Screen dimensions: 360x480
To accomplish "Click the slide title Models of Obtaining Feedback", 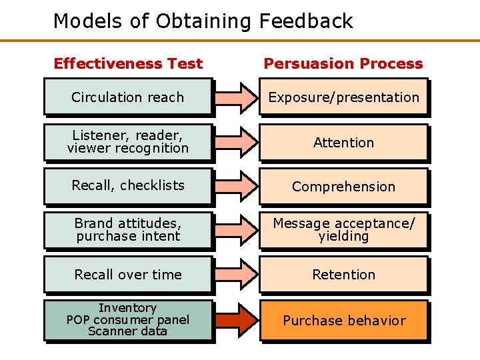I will point(203,21).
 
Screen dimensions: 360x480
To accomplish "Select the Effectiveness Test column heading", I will point(128,64).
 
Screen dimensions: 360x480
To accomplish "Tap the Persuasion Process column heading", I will point(343,64).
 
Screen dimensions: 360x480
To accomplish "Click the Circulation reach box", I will point(128,97).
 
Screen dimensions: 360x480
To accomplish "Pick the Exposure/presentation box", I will point(343,97).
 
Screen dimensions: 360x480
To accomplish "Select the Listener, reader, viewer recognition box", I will point(128,142).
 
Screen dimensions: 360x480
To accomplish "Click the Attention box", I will point(343,142).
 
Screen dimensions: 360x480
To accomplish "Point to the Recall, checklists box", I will point(128,186).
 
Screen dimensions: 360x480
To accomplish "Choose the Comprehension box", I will point(343,187).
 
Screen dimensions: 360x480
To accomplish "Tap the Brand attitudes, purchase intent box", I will point(128,230).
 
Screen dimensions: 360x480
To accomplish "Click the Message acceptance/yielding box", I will point(343,230).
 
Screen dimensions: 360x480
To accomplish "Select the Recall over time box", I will point(128,275).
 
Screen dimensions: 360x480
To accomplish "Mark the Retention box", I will point(343,275).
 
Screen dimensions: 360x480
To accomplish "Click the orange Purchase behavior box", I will point(343,321).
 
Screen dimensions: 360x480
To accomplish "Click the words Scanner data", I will point(128,331).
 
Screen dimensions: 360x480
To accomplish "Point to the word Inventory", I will point(128,308).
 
